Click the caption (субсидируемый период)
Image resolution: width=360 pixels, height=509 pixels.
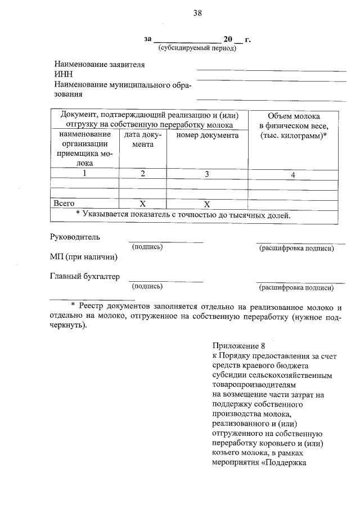click(x=196, y=48)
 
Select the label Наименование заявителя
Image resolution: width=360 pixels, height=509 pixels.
click(x=100, y=65)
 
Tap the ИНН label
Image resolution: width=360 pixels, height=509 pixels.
click(x=63, y=74)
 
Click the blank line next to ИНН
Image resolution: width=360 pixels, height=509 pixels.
click(x=271, y=78)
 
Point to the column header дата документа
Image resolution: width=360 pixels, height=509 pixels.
click(x=143, y=140)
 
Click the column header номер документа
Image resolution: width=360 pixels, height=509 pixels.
click(x=207, y=136)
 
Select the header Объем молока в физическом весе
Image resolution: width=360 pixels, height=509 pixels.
click(x=293, y=125)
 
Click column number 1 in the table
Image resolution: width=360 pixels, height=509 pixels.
click(x=84, y=174)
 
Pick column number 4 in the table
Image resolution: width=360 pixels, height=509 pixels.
click(x=293, y=175)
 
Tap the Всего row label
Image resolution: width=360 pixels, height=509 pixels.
click(x=64, y=203)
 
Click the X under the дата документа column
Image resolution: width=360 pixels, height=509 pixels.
click(x=143, y=204)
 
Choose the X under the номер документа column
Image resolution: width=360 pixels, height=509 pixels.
click(x=207, y=204)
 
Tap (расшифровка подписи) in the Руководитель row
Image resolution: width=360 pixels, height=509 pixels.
click(x=296, y=248)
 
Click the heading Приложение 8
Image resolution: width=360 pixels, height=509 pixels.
click(x=238, y=345)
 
